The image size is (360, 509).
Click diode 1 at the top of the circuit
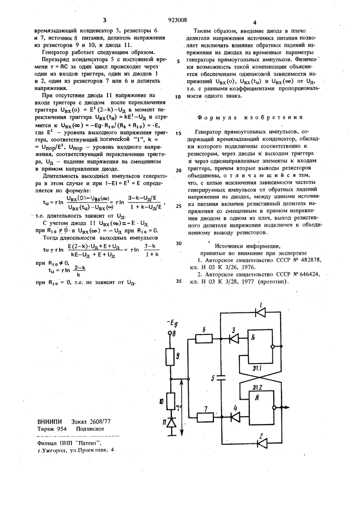tap(260, 312)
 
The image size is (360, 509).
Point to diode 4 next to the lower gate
tap(234, 415)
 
